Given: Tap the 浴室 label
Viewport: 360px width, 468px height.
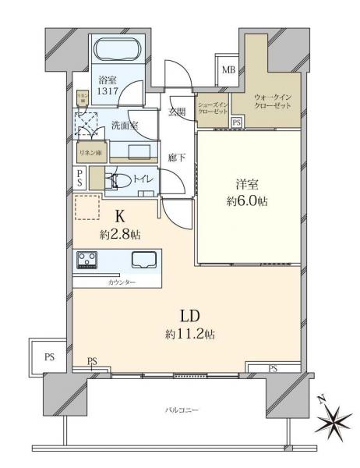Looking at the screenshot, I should (107, 80).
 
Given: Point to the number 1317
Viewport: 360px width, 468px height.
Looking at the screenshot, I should (107, 90).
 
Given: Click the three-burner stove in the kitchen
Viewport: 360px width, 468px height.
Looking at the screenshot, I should (87, 260).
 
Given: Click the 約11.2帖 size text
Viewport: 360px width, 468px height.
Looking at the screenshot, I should (189, 334).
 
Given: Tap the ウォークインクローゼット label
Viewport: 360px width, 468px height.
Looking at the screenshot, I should (272, 100).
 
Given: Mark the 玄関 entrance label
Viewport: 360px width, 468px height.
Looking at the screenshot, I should (177, 112).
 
